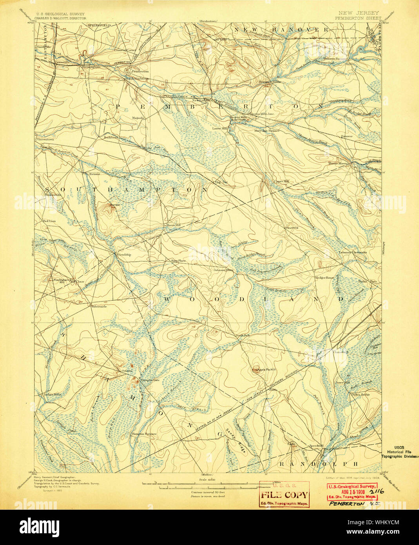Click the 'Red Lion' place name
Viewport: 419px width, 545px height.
coord(49,222)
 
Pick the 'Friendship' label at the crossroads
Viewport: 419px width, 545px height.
coord(123,254)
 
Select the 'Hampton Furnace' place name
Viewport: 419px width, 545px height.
coord(144,434)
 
